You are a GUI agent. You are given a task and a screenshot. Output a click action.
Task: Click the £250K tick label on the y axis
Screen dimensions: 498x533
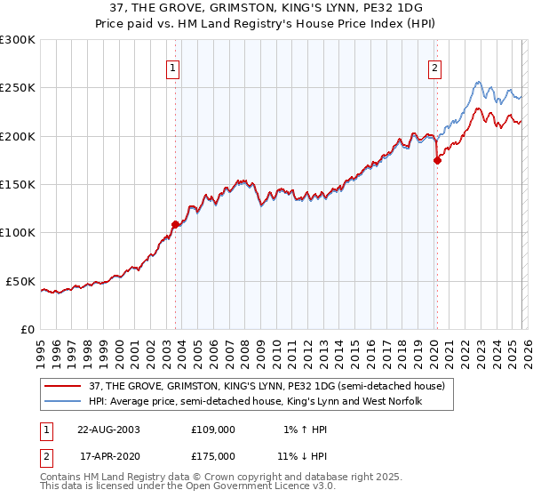click(17, 88)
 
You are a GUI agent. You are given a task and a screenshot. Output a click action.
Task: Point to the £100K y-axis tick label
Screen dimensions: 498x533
click(17, 233)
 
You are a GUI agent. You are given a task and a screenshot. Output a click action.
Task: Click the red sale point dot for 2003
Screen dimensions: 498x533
click(175, 225)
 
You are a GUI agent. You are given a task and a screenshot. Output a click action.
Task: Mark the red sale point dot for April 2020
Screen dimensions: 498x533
click(437, 161)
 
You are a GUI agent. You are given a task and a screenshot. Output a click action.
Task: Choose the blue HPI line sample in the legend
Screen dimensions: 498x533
click(63, 401)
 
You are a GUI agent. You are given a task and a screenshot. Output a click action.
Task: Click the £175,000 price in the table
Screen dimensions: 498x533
click(213, 455)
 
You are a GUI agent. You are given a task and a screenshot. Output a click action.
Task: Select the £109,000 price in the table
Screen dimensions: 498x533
click(213, 429)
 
